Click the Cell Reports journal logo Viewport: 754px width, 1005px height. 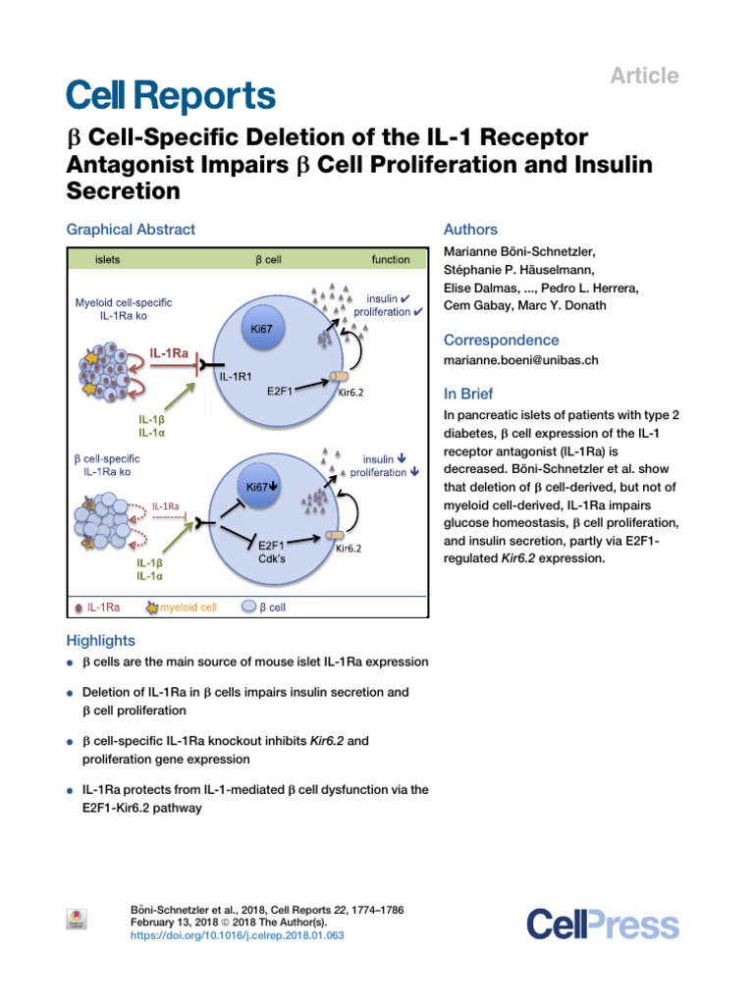[171, 96]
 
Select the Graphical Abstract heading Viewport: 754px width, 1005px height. [131, 230]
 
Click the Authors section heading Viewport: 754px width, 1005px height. [471, 230]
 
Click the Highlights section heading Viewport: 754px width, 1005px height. [100, 641]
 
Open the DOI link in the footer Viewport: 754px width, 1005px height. [238, 936]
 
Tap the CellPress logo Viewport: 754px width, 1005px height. [603, 925]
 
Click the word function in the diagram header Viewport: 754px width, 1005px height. [391, 259]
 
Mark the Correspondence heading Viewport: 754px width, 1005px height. [502, 340]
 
